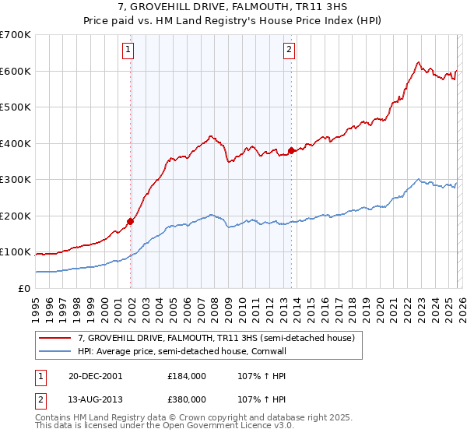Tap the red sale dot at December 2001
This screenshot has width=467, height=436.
point(131,221)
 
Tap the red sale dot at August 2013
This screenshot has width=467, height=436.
point(291,150)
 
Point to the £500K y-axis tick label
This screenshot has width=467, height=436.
point(15,107)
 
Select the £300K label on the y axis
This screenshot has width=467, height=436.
point(15,179)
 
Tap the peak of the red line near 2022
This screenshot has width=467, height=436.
point(418,62)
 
